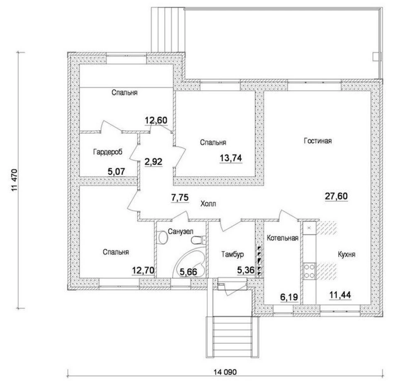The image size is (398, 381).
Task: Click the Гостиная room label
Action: click(x=318, y=141)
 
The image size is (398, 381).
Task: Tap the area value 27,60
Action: click(x=336, y=196)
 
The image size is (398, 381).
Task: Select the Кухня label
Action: click(x=347, y=254)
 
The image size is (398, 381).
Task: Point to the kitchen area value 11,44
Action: click(x=340, y=295)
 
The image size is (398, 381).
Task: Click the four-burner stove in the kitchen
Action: click(x=309, y=271)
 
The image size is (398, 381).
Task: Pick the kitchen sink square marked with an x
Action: click(x=309, y=228)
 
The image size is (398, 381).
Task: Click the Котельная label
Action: click(x=282, y=238)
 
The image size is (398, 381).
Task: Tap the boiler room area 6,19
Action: click(x=289, y=297)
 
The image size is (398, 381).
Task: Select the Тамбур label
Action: click(x=233, y=254)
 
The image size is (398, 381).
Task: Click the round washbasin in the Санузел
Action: click(x=163, y=238)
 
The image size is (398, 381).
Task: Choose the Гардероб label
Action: click(x=108, y=152)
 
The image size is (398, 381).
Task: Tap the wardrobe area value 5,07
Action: click(x=116, y=171)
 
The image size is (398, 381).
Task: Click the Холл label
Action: click(x=208, y=204)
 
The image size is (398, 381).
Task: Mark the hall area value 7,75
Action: click(x=180, y=197)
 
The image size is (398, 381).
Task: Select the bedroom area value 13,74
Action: click(x=231, y=158)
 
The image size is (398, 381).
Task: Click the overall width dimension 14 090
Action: click(x=225, y=372)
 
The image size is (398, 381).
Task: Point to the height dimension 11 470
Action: click(x=14, y=180)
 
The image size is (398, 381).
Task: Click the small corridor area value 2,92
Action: click(x=153, y=162)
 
